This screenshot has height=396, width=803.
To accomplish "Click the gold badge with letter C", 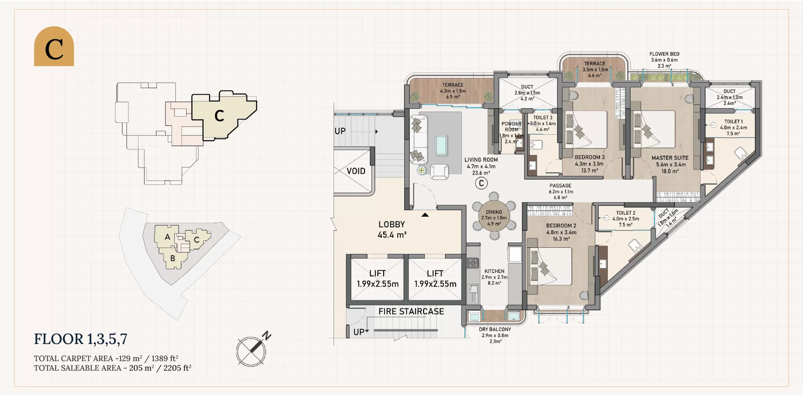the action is [x=54, y=46].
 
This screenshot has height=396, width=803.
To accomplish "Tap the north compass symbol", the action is [x=253, y=350].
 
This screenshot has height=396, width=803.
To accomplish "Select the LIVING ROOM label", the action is [x=481, y=160].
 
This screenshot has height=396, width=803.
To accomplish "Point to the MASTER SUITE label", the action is [x=670, y=158].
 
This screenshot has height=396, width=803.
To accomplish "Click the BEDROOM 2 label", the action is [x=561, y=226].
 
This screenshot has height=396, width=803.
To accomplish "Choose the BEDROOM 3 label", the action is [x=589, y=157].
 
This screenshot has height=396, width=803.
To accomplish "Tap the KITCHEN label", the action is [x=494, y=271].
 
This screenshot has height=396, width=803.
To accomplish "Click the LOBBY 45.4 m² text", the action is [x=392, y=229].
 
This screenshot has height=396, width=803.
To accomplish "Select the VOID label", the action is [x=356, y=171].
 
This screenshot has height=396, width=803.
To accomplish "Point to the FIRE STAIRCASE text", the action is [x=411, y=311].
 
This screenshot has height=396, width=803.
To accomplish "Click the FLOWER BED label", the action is [x=664, y=54].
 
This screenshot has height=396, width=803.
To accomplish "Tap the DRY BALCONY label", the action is [x=495, y=329].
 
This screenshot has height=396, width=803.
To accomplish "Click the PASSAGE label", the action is [x=561, y=186].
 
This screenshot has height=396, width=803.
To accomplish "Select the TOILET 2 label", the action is [x=625, y=213].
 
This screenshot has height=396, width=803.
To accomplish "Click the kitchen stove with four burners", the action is [x=473, y=263].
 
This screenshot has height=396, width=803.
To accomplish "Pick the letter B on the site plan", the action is [x=173, y=258].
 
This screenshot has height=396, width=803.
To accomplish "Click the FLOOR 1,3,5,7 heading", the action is [x=81, y=339].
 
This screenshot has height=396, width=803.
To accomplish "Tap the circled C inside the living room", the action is [x=481, y=183].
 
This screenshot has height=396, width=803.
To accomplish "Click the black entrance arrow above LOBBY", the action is [x=425, y=215].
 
